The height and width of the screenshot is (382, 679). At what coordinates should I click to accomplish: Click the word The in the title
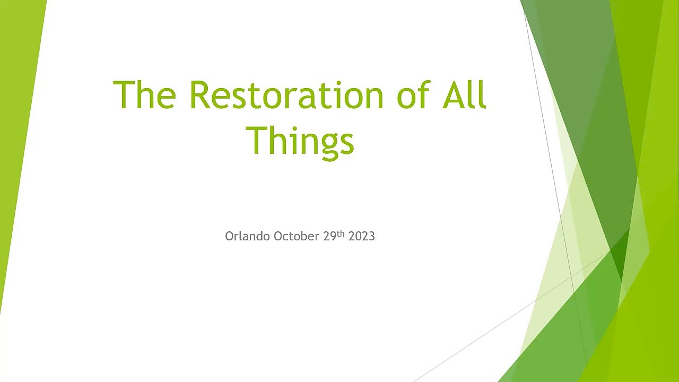pyautogui.click(x=144, y=94)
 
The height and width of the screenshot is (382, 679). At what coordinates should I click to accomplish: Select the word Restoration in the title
pyautogui.click(x=287, y=94)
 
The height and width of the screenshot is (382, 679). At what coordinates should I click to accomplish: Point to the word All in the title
pyautogui.click(x=465, y=94)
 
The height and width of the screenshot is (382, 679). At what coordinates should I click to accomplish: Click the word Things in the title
pyautogui.click(x=300, y=142)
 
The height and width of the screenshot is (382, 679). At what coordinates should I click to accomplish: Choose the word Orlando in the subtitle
pyautogui.click(x=247, y=236)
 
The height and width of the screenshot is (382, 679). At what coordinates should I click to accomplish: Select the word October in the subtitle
pyautogui.click(x=296, y=236)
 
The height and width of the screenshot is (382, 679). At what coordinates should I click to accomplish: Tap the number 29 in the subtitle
pyautogui.click(x=329, y=236)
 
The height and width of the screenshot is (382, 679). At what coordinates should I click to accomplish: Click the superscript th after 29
pyautogui.click(x=341, y=234)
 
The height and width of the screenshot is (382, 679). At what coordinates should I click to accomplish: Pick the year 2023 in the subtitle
pyautogui.click(x=362, y=236)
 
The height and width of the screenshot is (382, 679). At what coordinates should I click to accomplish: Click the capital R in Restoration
pyautogui.click(x=200, y=94)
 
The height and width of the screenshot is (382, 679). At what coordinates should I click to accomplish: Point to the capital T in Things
pyautogui.click(x=257, y=141)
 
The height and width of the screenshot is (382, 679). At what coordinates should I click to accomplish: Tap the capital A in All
pyautogui.click(x=454, y=94)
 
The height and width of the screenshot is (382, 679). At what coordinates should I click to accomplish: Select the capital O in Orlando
pyautogui.click(x=230, y=236)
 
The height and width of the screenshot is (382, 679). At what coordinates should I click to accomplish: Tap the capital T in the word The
pyautogui.click(x=124, y=94)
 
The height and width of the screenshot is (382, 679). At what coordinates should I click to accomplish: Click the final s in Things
pyautogui.click(x=346, y=144)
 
